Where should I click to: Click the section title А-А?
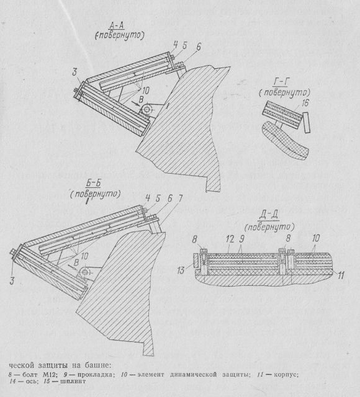click(x=117, y=25)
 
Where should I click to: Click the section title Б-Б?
click(x=92, y=184)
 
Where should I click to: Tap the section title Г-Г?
click(x=282, y=82)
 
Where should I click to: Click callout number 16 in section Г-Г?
click(x=305, y=103)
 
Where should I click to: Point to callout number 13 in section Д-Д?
click(x=181, y=270)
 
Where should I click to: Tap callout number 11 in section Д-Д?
click(x=341, y=275)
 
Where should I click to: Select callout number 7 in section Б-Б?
click(x=179, y=198)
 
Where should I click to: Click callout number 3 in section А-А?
click(x=74, y=73)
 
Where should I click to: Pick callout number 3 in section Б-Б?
click(x=12, y=280)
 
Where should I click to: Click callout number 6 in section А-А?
click(x=199, y=47)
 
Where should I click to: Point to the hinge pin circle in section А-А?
click(x=146, y=109)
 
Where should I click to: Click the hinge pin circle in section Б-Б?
click(x=85, y=272)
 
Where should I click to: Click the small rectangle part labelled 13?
click(x=196, y=260)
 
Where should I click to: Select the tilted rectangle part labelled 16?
click(x=306, y=123)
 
